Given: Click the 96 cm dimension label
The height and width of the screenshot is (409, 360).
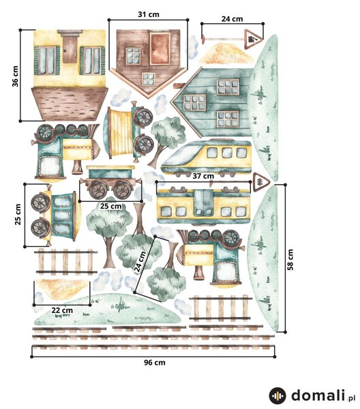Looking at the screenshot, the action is (155, 363).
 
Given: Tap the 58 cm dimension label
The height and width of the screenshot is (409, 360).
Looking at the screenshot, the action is (290, 260).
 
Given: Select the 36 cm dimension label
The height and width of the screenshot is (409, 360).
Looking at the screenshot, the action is (16, 76).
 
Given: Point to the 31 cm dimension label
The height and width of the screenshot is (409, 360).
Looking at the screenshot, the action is (149, 14).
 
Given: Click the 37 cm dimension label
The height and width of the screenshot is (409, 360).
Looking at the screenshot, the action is (203, 176).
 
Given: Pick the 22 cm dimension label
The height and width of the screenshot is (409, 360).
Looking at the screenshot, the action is (62, 310).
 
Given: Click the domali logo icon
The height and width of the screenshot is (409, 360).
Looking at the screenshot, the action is (277, 396).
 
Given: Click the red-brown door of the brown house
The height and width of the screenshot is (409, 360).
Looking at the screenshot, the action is (160, 49).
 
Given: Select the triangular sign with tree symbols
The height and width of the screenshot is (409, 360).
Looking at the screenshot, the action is (260, 181).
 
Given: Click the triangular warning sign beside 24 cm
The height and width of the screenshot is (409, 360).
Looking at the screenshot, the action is (253, 40).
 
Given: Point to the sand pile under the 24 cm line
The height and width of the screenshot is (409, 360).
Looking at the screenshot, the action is (226, 54).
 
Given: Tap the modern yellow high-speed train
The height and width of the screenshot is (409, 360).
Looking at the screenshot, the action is (207, 157).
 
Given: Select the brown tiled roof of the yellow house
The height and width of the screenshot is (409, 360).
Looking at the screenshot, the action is (70, 104).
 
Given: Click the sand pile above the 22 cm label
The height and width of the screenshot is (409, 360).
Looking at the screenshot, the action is (62, 288).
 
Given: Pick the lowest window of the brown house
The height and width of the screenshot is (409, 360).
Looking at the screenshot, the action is (149, 79).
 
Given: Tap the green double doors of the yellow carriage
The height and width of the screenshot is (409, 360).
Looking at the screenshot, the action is (203, 203).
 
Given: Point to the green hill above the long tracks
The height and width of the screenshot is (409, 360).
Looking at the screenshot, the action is (108, 309).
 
